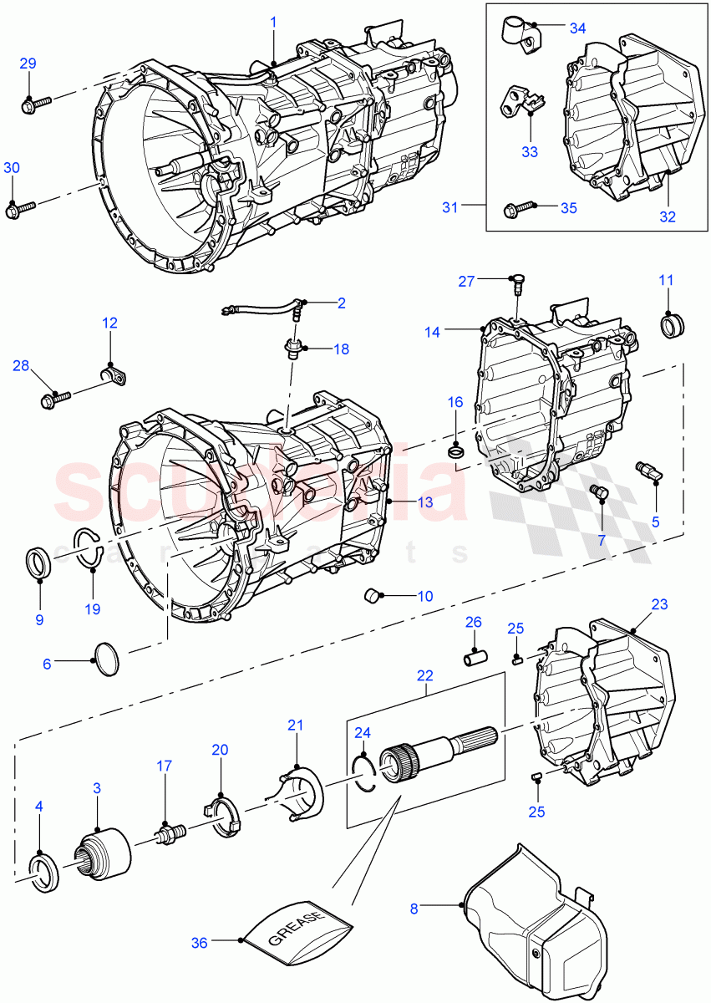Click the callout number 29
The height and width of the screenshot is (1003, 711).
28,64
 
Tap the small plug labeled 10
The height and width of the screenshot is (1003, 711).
372,596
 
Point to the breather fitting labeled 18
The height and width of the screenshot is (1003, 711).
293,349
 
